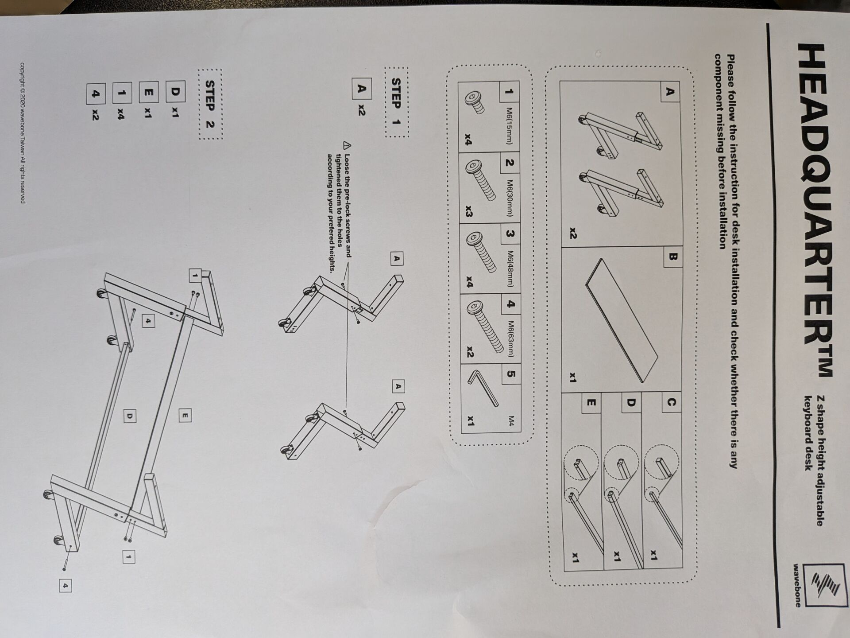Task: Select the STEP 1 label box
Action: [x=397, y=102]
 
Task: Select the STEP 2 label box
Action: [x=210, y=104]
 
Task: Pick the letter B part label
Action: [x=672, y=257]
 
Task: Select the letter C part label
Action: [x=671, y=402]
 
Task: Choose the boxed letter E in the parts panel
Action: [x=591, y=403]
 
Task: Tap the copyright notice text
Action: [x=23, y=133]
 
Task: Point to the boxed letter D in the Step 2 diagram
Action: [x=129, y=416]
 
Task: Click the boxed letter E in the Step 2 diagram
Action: [x=185, y=416]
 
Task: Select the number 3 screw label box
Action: [x=510, y=233]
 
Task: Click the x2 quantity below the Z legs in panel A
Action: [x=573, y=232]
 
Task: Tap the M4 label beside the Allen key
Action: [x=511, y=421]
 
